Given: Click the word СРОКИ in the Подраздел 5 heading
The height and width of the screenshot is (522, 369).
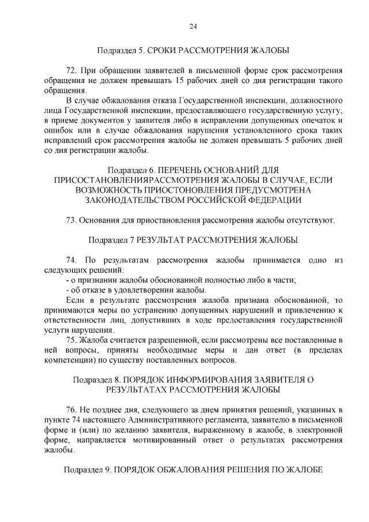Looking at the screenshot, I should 163,50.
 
